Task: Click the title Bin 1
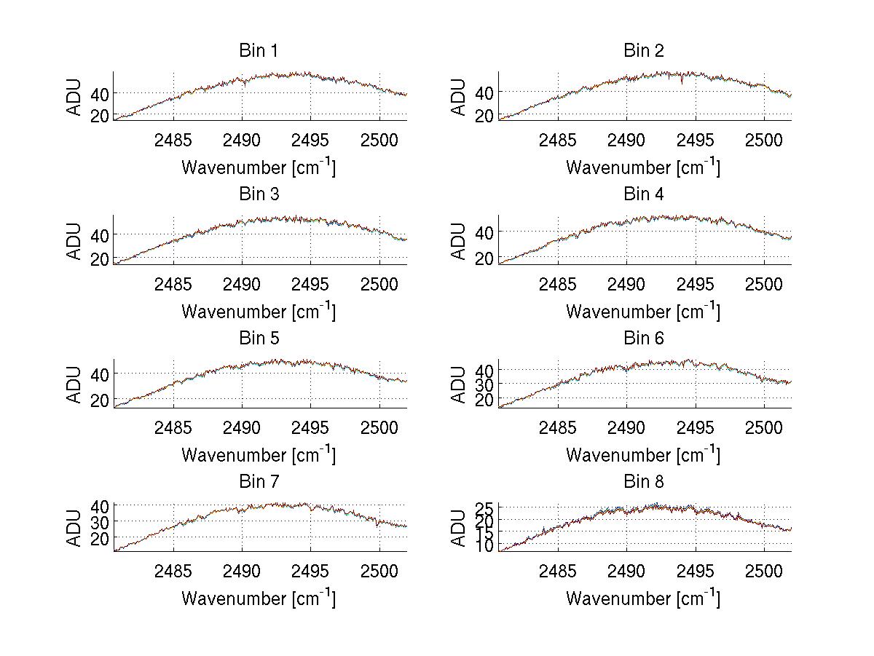259,51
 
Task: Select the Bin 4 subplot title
644,194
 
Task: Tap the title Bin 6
644,339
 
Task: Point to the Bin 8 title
644,482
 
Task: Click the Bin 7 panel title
259,482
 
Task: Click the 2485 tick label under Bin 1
173,140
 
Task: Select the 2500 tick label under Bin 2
764,140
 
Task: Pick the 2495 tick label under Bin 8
696,571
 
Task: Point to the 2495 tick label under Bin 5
311,427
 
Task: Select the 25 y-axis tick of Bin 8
485,507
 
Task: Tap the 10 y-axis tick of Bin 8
485,546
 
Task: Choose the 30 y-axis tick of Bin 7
101,522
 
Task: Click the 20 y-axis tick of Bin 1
101,116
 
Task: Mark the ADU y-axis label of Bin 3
74,240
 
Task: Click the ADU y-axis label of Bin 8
459,528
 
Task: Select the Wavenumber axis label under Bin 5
259,455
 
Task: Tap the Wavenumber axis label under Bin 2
643,167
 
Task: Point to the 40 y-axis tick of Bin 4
485,232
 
